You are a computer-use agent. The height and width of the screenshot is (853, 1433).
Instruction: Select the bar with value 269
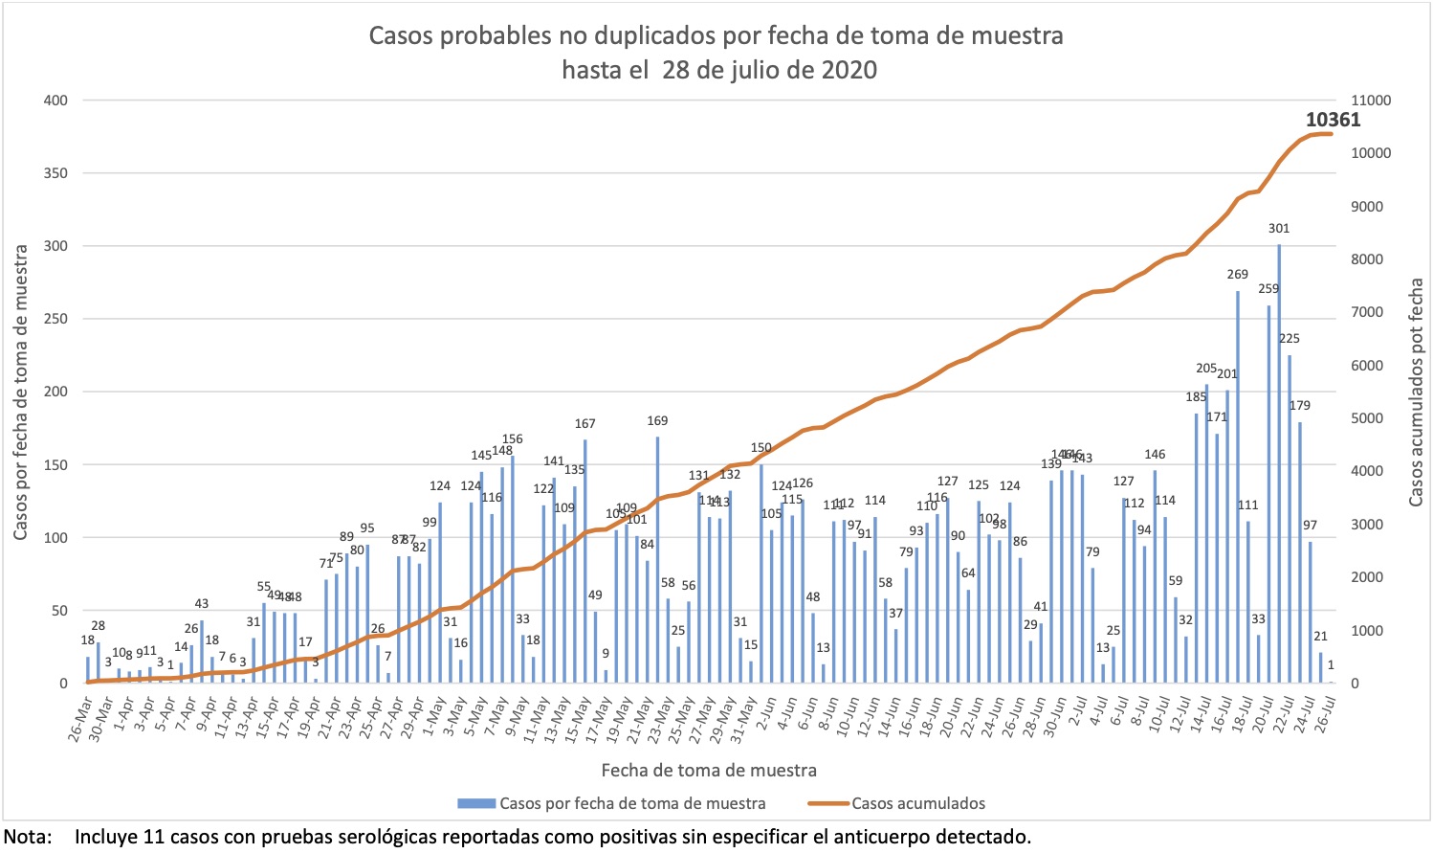[1238, 487]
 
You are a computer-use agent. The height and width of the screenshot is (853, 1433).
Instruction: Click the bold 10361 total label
[1333, 120]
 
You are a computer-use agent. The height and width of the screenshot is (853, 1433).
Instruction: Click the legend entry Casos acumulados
[917, 803]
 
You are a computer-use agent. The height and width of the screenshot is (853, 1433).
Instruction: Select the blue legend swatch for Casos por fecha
[475, 803]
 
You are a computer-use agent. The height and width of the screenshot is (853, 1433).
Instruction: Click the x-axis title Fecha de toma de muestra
[709, 770]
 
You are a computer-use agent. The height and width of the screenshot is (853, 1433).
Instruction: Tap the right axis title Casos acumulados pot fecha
[1416, 393]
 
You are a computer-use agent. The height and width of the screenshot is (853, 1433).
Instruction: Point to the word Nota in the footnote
[27, 837]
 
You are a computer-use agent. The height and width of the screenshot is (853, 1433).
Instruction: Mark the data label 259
[1268, 288]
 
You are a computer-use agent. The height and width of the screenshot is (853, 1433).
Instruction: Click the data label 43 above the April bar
[201, 604]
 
